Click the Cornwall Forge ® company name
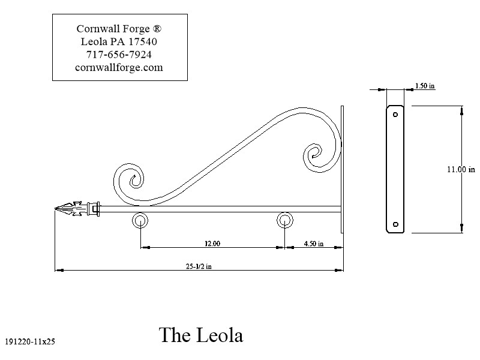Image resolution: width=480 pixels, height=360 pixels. [119, 28]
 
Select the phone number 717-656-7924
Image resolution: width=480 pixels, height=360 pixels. [119, 55]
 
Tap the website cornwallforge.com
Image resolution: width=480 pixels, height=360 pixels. [119, 67]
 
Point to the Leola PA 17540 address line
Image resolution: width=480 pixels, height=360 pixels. [119, 41]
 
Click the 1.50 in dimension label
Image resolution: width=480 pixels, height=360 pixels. [425, 86]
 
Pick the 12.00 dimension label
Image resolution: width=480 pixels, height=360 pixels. [211, 244]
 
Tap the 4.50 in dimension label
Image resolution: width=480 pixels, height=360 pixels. [313, 244]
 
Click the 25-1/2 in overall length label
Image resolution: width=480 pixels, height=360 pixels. [199, 267]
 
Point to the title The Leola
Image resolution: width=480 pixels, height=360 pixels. [201, 335]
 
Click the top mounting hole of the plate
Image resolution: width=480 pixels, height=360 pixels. [395, 113]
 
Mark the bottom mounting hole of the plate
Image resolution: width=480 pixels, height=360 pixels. [395, 225]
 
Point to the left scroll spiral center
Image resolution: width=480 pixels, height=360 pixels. [133, 178]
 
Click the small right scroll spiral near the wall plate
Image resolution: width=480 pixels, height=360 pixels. [314, 154]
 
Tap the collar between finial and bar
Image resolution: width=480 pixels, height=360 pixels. [93, 209]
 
